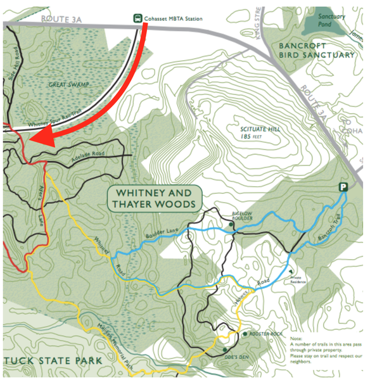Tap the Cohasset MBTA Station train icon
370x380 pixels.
coord(137,18)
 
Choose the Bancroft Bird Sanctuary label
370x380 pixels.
coord(316,49)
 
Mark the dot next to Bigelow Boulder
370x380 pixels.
coord(231,224)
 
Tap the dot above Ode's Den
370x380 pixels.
coord(224,349)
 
